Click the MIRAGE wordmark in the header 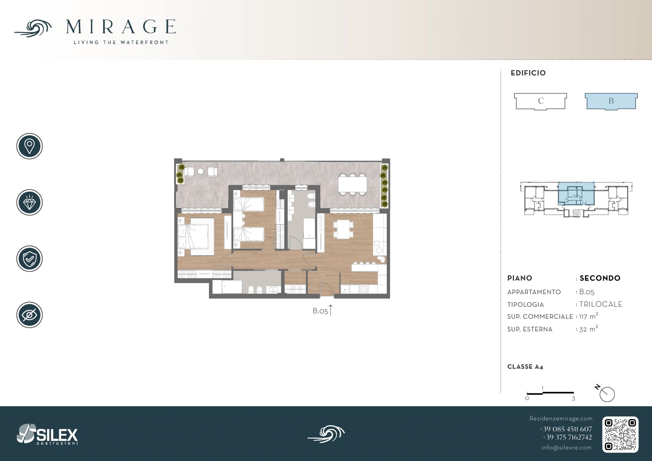point(121,27)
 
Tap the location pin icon point(30,146)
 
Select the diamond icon point(30,202)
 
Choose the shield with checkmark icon point(30,259)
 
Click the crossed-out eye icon point(30,315)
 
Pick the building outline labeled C point(541,101)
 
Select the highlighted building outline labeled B point(611,101)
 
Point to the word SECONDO point(600,278)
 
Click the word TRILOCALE point(601,304)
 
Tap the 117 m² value point(589,316)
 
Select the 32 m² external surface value point(589,329)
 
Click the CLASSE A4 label point(525,367)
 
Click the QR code point(620,434)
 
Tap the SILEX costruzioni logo point(47,434)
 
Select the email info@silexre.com point(566,448)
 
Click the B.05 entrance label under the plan point(320,311)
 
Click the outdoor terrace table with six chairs point(352,184)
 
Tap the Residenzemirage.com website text point(561,418)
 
